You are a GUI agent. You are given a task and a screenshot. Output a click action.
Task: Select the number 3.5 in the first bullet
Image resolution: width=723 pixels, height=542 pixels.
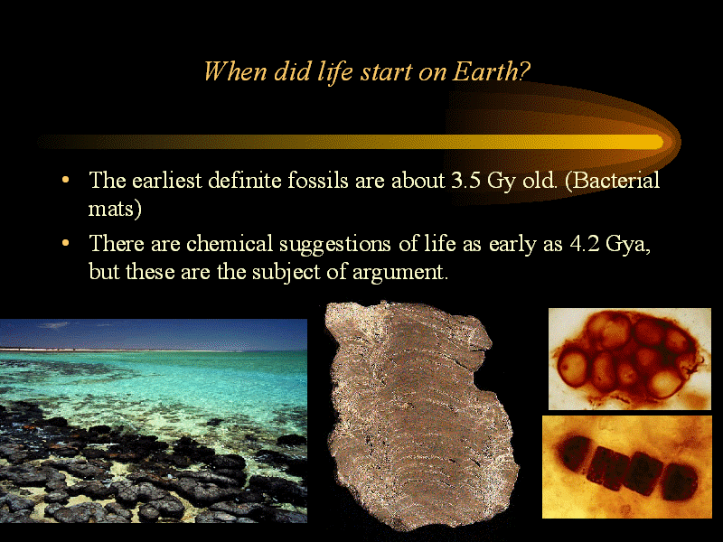465,180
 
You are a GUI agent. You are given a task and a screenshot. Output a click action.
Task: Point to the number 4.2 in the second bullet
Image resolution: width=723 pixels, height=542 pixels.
585,243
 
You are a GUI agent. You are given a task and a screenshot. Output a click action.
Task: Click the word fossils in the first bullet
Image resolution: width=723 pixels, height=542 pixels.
317,180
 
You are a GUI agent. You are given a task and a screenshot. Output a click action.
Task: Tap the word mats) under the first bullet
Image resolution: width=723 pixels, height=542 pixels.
115,209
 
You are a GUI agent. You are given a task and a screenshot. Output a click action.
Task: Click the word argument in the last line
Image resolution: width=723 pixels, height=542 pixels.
399,273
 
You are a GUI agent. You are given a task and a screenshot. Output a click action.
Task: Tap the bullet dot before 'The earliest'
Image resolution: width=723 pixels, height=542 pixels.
65,179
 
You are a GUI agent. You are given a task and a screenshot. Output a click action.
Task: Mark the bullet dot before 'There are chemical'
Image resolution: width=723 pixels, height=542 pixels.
65,242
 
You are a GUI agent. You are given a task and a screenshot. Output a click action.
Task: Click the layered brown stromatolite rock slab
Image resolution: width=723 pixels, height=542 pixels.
422,415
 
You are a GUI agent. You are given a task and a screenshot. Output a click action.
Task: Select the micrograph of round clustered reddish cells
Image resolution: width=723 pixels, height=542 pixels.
629,359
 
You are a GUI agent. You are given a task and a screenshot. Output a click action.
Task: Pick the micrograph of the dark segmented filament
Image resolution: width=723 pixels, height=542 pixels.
626,467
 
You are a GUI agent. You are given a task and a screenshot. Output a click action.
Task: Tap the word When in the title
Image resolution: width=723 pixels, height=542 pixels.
235,71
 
